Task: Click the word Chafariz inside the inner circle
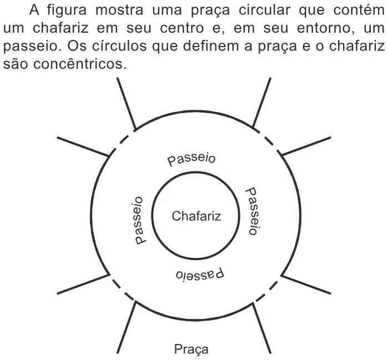click(196, 216)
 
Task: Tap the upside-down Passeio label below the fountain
click(200, 275)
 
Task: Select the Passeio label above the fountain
click(192, 160)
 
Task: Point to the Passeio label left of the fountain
click(139, 221)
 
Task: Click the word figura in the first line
click(67, 11)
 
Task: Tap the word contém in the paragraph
click(359, 10)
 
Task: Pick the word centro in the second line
click(182, 28)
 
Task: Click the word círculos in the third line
click(119, 46)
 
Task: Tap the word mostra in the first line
click(119, 11)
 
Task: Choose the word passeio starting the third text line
click(30, 47)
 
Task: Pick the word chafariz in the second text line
click(61, 28)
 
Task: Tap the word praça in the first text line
click(210, 11)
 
